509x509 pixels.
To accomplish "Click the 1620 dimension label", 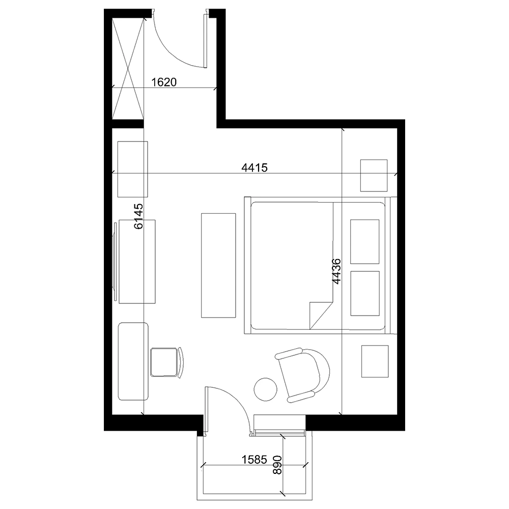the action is (x=164, y=82).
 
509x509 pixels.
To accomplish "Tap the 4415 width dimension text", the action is (x=254, y=167).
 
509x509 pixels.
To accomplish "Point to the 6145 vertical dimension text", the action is (x=138, y=216).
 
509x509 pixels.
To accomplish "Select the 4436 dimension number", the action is (x=336, y=271).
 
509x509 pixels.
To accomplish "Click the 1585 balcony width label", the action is (x=254, y=459).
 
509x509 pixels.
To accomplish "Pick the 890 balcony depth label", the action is (x=277, y=465).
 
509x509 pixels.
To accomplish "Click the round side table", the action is (x=266, y=389).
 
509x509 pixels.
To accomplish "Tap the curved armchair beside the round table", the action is (x=302, y=375).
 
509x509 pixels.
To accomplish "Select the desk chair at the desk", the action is (x=167, y=362).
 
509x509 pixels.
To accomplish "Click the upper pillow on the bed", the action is (x=364, y=241).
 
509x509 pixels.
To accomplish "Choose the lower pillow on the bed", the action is (x=365, y=293).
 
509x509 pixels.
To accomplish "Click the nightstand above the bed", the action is (x=374, y=175).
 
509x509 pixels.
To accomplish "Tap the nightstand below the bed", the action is (x=375, y=361).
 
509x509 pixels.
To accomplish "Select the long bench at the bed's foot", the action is (x=218, y=265).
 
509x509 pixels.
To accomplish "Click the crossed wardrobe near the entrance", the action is (x=128, y=69).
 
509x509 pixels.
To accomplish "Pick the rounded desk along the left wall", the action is (x=133, y=361).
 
